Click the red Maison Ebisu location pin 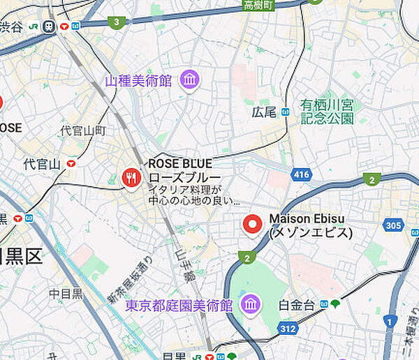click(252, 225)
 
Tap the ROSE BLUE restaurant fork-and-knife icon click(131, 177)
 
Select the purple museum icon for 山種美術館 click(189, 81)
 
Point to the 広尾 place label click(264, 112)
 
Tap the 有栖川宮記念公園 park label click(327, 112)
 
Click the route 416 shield click(302, 174)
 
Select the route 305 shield click(392, 225)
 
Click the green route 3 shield click(118, 22)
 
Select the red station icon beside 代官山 click(71, 163)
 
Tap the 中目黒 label click(66, 294)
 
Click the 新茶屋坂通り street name click(131, 282)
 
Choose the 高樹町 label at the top click(259, 6)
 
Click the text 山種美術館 click(138, 82)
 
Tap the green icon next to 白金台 click(335, 303)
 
